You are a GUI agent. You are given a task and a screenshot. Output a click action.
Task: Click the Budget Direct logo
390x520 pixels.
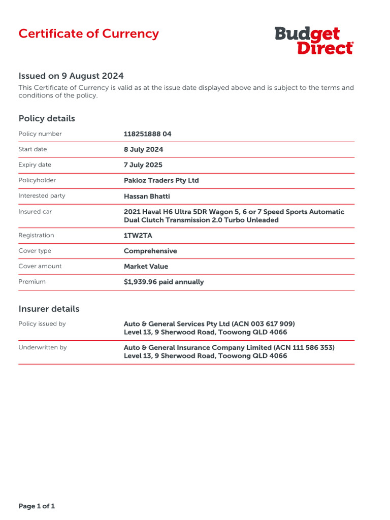314,41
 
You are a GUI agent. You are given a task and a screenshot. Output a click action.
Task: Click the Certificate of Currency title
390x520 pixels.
88,34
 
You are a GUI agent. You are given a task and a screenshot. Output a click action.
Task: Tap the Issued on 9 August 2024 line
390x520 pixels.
71,76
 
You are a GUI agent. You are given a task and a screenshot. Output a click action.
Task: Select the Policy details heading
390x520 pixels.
47,118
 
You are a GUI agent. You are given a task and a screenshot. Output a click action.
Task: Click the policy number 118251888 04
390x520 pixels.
148,134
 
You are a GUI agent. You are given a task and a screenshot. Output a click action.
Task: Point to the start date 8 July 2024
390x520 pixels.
144,149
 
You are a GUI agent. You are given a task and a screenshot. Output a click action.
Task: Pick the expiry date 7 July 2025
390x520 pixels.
144,165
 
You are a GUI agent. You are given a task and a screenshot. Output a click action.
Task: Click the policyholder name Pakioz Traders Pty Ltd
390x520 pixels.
161,180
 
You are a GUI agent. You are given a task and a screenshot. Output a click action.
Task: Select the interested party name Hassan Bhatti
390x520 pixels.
147,196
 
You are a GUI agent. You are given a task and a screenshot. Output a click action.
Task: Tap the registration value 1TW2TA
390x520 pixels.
138,236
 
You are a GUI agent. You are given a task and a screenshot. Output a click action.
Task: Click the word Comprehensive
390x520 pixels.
150,251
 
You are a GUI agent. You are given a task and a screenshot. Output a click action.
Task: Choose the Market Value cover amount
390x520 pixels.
146,266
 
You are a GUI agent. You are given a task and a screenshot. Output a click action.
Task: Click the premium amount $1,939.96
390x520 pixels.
140,282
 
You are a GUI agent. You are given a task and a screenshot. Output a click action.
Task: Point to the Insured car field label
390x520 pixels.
35,212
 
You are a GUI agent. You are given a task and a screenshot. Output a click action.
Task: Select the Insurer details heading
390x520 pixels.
49,309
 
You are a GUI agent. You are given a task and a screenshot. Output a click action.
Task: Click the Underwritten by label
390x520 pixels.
43,347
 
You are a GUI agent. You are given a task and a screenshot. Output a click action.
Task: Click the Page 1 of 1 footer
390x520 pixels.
37,506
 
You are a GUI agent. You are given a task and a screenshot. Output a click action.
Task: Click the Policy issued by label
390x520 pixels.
42,324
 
